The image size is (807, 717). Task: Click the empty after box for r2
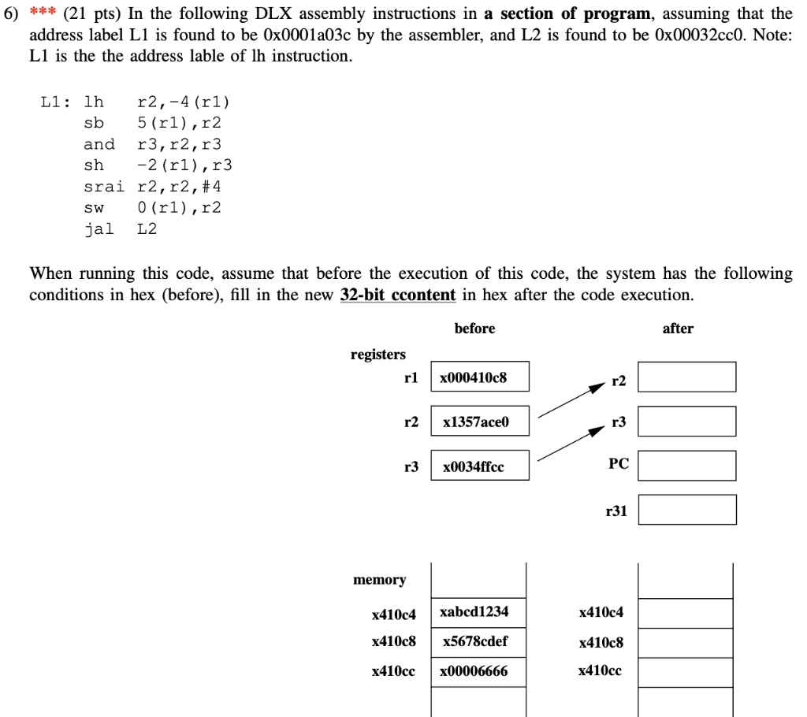pyautogui.click(x=686, y=377)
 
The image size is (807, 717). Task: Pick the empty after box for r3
pyautogui.click(x=686, y=421)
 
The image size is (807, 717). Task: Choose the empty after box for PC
pyautogui.click(x=686, y=465)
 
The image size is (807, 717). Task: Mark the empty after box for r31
pyautogui.click(x=686, y=509)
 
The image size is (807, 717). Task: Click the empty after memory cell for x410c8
pyautogui.click(x=685, y=642)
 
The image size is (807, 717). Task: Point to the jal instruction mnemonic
pyautogui.click(x=99, y=228)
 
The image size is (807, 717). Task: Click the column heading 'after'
pyautogui.click(x=678, y=329)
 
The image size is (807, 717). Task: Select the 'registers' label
pyautogui.click(x=378, y=355)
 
